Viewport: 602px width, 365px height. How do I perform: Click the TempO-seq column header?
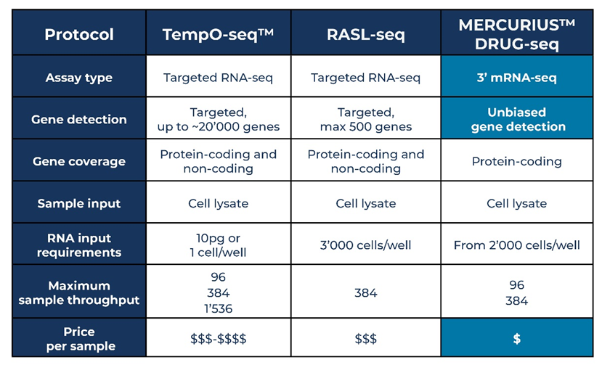[218, 35]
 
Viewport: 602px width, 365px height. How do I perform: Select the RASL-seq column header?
[366, 35]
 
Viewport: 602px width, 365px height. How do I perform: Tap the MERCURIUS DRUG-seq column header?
[517, 35]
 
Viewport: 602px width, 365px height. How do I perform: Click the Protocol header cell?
[79, 35]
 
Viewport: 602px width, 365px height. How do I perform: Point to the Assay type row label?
[79, 78]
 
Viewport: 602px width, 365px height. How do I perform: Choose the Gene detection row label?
[79, 119]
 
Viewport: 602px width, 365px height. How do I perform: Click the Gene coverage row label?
[79, 162]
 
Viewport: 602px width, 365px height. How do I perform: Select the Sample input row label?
[79, 203]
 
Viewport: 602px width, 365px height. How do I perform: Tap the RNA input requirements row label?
[79, 245]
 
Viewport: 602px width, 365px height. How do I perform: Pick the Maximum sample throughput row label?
[79, 293]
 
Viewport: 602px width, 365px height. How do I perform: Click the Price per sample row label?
[79, 339]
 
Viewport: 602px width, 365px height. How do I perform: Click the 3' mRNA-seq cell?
[517, 78]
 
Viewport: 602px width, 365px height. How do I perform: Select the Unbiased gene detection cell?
[517, 119]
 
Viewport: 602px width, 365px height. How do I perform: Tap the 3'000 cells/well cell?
[366, 245]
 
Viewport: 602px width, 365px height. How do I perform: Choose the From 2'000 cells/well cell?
[517, 245]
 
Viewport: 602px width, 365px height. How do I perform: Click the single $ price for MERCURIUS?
[517, 339]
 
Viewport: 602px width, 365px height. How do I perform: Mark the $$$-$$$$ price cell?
[218, 339]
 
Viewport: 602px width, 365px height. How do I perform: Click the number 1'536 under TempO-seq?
[218, 309]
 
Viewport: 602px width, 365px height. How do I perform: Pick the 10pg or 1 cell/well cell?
[218, 245]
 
